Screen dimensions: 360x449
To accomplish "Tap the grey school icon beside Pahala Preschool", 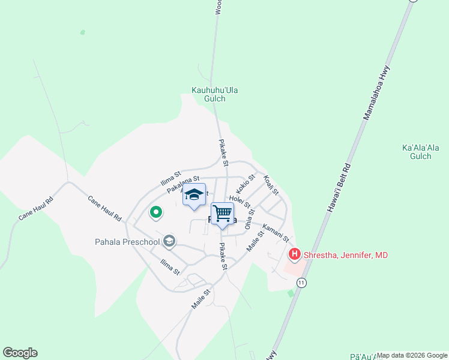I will point(169,241).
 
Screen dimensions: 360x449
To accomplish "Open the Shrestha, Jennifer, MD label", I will point(346,255).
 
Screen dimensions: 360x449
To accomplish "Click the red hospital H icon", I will point(295,255).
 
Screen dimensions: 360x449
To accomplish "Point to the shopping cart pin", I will point(222,214).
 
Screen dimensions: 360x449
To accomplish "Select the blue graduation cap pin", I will point(194,195).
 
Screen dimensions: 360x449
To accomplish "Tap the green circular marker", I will point(155,212).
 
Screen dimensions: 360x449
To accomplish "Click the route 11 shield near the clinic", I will point(301,282).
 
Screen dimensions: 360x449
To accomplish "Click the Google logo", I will point(20,353).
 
